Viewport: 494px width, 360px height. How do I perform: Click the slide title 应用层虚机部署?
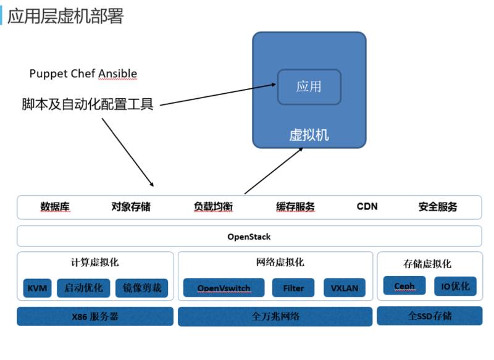[65, 15]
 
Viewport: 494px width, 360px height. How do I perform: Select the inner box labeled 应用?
[309, 86]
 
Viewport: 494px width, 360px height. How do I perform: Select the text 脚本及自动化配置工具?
[87, 104]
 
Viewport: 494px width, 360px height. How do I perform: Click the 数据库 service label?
[55, 207]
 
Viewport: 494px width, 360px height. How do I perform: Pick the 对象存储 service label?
[131, 207]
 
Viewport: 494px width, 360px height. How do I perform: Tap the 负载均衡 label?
[213, 207]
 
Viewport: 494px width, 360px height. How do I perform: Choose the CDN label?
[367, 207]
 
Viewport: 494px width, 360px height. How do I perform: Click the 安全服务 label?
[438, 207]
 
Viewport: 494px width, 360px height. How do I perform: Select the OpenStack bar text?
[249, 237]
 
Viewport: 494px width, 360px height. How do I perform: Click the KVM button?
[38, 288]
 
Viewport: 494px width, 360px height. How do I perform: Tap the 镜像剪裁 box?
[141, 288]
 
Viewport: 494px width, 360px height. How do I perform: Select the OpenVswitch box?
[224, 288]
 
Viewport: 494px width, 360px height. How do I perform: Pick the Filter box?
[293, 288]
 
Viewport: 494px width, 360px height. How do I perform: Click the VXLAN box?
[345, 288]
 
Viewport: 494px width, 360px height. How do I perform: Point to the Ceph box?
[404, 286]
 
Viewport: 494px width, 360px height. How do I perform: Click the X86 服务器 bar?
[94, 317]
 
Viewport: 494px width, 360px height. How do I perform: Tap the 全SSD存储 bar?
[429, 316]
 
